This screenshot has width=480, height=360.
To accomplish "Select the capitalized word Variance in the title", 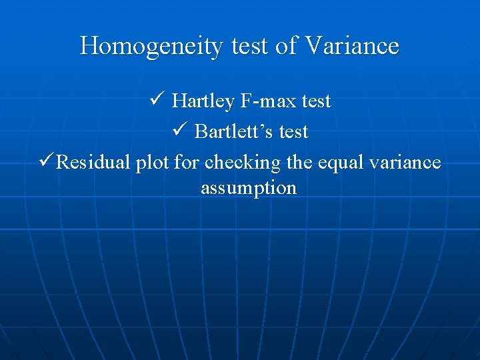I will point(351,46).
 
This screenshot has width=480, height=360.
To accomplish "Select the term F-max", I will point(266,101).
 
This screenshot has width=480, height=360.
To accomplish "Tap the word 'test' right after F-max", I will point(316,101).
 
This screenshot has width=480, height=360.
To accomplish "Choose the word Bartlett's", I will point(234,132).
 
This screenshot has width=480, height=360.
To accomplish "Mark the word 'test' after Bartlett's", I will point(293,132).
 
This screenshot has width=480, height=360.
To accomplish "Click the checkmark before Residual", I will point(45,162).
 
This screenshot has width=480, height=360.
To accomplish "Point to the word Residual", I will point(93,163).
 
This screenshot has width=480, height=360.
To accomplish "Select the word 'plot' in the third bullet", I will point(152,163).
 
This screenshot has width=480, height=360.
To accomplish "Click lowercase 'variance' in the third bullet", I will point(407,163).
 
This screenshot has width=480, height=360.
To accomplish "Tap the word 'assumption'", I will point(249,189).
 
